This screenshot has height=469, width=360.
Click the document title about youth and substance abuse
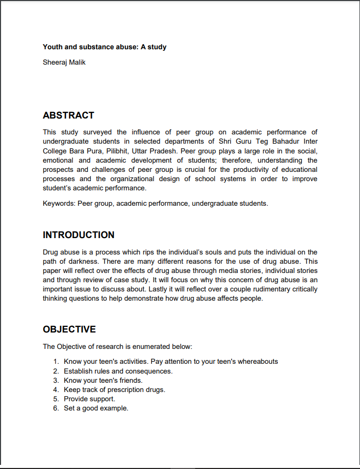pyautogui.click(x=104, y=47)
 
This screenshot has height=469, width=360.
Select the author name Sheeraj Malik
pyautogui.click(x=64, y=63)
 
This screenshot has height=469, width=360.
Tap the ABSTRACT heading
pyautogui.click(x=68, y=115)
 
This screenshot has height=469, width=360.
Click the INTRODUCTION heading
pyautogui.click(x=79, y=235)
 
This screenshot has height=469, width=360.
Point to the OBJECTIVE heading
pyautogui.click(x=69, y=329)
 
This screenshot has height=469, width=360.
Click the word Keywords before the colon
pyautogui.click(x=59, y=204)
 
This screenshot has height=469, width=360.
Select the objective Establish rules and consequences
pyautogui.click(x=118, y=371)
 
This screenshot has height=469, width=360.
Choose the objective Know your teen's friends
pyautogui.click(x=103, y=380)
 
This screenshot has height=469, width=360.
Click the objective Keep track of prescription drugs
pyautogui.click(x=115, y=389)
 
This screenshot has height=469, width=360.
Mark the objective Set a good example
pyautogui.click(x=96, y=408)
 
